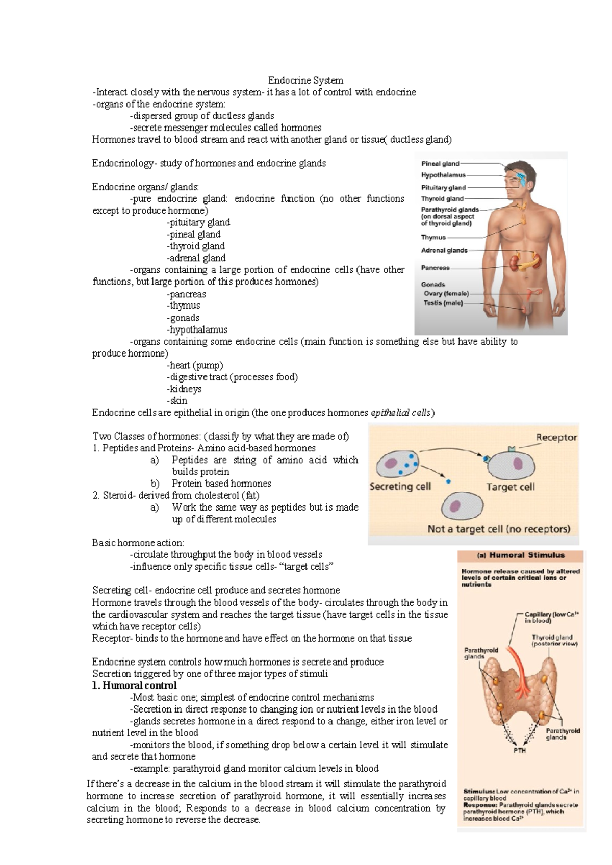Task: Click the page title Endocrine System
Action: [x=305, y=80]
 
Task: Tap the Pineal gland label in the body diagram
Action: [x=440, y=164]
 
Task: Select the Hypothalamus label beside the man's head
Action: [x=443, y=175]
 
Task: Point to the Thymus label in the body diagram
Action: [x=433, y=237]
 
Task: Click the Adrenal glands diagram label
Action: [x=444, y=250]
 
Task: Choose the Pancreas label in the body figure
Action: [x=435, y=268]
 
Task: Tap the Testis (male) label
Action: [x=443, y=303]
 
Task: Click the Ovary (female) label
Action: [x=446, y=293]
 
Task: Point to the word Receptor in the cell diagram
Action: [x=556, y=437]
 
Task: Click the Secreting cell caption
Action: [x=400, y=487]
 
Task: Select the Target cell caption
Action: [x=511, y=487]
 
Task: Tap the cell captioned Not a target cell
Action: [x=462, y=507]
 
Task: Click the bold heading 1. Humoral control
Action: [x=134, y=685]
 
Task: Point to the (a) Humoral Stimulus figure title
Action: [x=520, y=555]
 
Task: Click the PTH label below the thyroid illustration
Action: [x=519, y=751]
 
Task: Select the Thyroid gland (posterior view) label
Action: [x=554, y=640]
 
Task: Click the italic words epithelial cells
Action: [x=401, y=413]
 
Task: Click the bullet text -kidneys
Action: [x=184, y=389]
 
